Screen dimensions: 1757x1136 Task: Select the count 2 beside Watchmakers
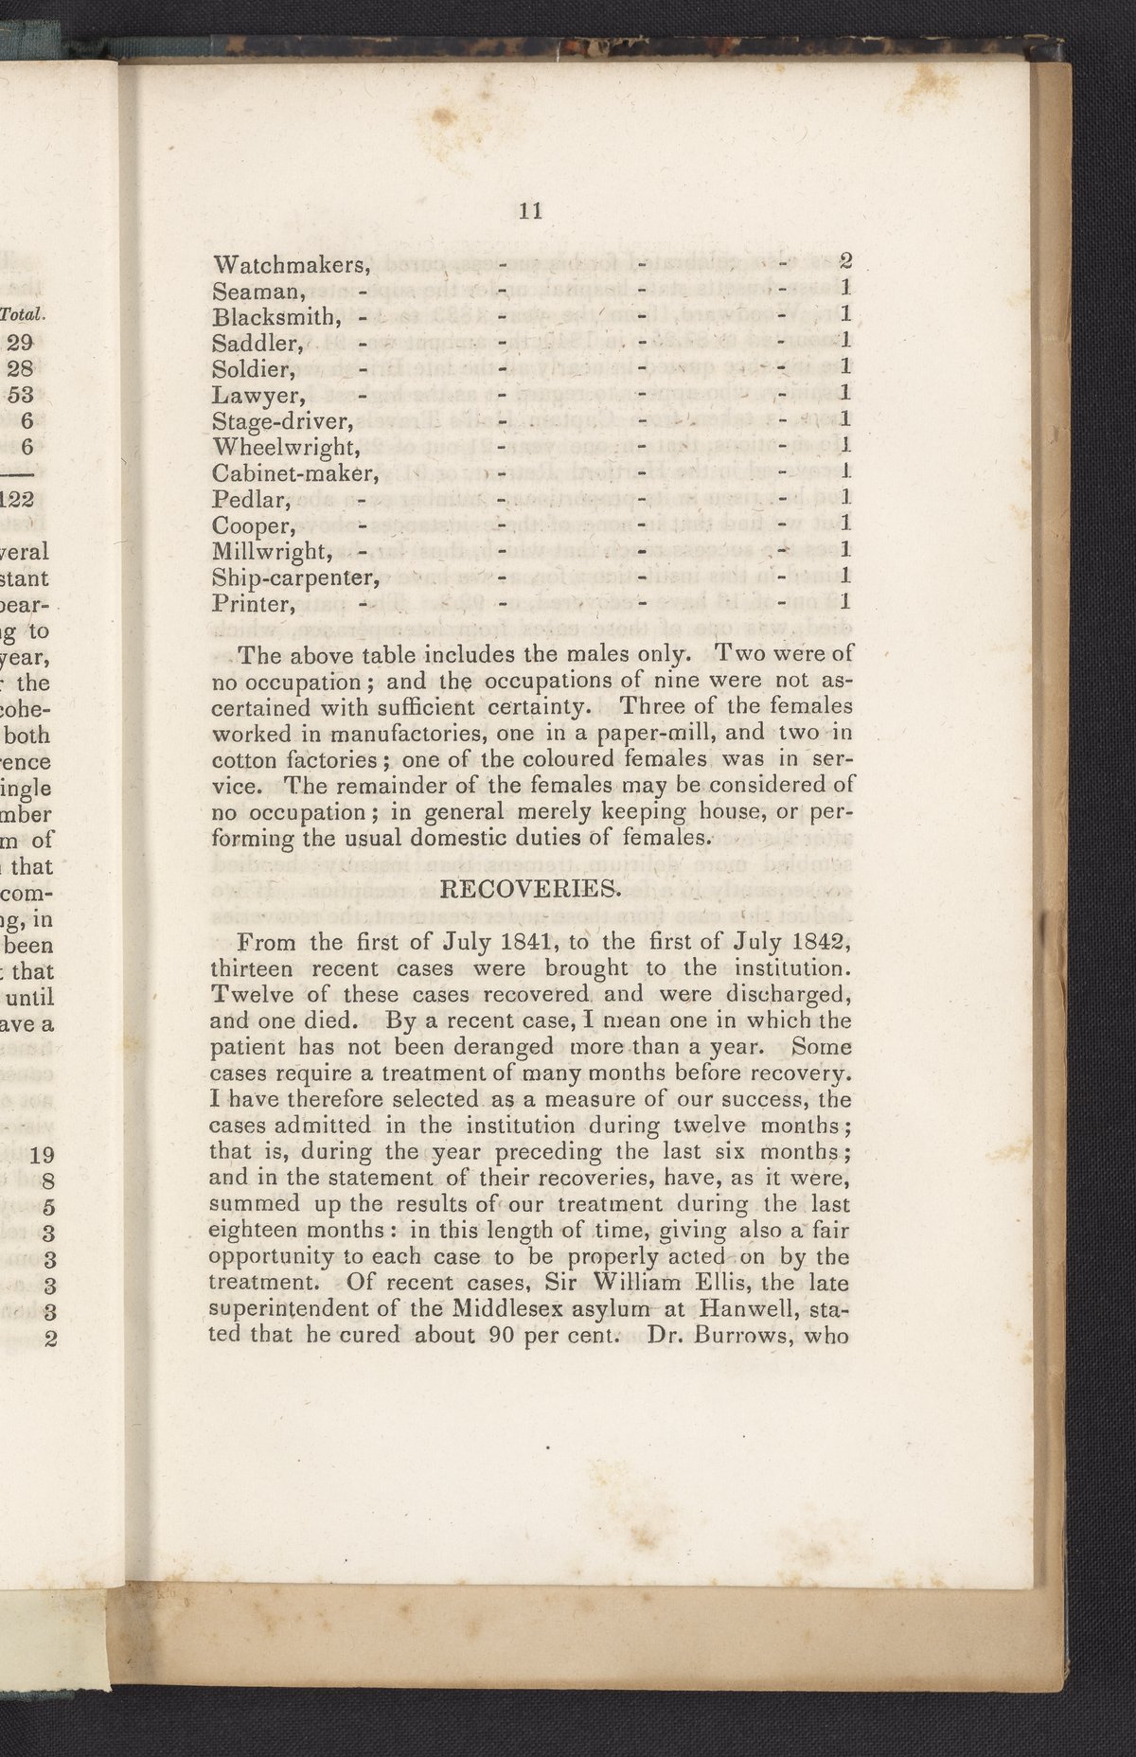click(x=847, y=262)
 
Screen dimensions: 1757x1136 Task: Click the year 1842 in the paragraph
click(x=821, y=943)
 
